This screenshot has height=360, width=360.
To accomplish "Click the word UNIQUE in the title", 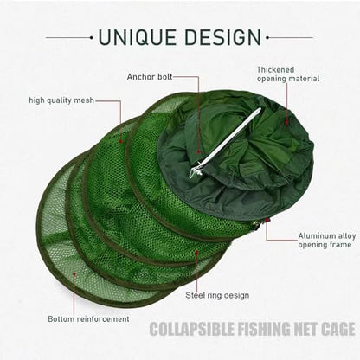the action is [138, 37].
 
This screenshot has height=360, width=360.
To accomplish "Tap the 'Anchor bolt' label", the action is [150, 77].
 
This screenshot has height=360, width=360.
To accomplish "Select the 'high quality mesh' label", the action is [61, 100].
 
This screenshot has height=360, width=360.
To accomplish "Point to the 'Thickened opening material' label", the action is [288, 74].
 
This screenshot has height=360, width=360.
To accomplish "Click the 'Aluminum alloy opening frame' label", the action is [326, 241].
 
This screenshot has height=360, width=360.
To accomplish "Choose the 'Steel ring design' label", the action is [217, 295].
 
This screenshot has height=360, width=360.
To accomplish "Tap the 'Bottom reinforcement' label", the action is [88, 319].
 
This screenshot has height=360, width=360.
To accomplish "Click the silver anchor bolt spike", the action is [226, 143].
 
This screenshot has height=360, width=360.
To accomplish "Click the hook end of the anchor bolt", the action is [194, 172].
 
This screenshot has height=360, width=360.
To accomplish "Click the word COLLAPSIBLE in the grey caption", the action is [191, 329].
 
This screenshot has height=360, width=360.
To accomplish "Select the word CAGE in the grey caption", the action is [338, 329].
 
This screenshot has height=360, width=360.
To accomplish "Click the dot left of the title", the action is [91, 37].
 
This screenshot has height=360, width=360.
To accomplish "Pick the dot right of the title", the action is [267, 37].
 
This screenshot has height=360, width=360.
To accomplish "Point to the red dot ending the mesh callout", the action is [121, 141].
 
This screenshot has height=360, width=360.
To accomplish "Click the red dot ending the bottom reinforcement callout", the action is [74, 274].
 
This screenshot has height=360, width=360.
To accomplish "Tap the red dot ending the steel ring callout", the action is [197, 253].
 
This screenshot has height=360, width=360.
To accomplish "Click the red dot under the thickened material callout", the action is [286, 123].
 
